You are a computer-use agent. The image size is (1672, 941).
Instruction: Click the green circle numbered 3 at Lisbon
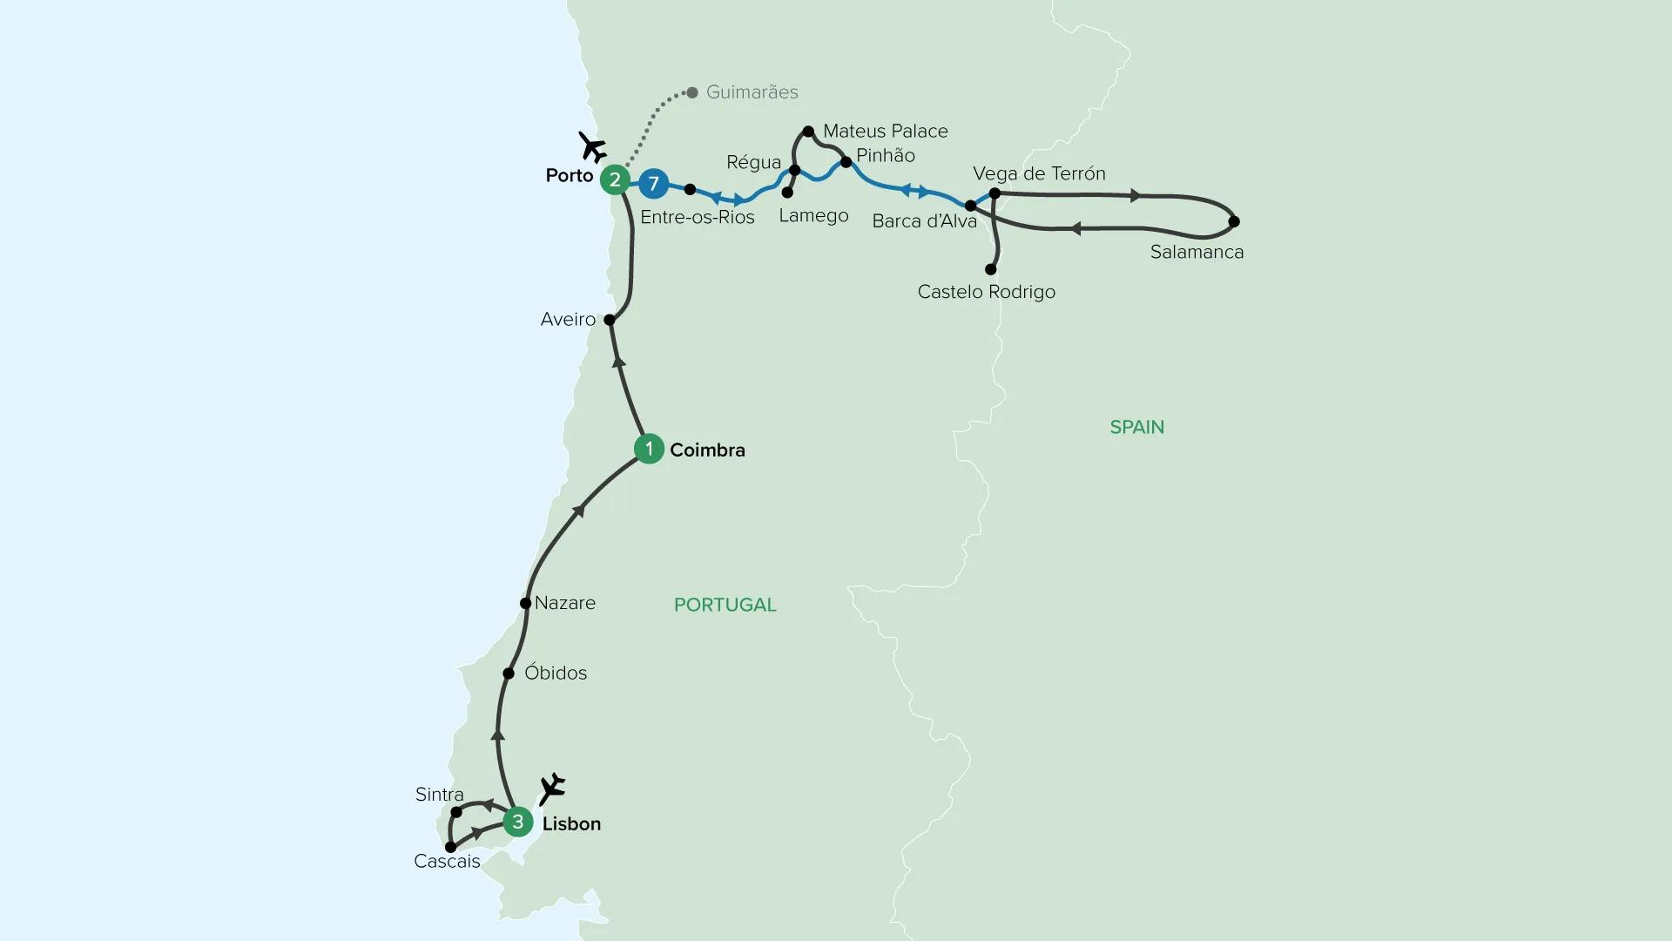point(518,822)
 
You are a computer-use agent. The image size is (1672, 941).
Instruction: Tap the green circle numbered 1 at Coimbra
point(649,449)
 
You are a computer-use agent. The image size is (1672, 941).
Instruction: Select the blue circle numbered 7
point(653,184)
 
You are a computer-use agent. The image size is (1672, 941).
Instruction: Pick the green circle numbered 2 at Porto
point(616,179)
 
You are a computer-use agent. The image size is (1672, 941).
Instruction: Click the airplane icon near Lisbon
point(552,789)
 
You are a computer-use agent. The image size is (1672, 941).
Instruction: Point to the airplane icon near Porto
point(593,147)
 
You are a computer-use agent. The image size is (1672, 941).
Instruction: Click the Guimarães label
point(752,92)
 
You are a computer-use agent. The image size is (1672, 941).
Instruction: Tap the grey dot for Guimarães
point(692,92)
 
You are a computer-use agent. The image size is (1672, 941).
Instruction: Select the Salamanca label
point(1197,253)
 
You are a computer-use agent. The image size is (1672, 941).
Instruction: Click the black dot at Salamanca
point(1234,221)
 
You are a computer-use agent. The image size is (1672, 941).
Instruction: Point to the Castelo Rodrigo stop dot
point(990,270)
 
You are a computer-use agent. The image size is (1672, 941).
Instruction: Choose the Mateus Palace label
point(885,132)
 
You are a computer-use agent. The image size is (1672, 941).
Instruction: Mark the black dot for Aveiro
point(610,320)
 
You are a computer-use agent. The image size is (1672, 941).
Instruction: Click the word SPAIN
point(1136,427)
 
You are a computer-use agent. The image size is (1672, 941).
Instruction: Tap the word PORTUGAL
point(725,605)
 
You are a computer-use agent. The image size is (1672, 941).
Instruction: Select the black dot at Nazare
point(525,603)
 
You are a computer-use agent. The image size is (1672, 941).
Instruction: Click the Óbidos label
point(556,674)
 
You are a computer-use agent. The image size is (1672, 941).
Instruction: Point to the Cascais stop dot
point(450,847)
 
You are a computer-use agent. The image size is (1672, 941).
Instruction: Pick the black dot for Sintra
point(456,812)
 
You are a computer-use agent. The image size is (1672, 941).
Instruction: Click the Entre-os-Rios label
point(697,217)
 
